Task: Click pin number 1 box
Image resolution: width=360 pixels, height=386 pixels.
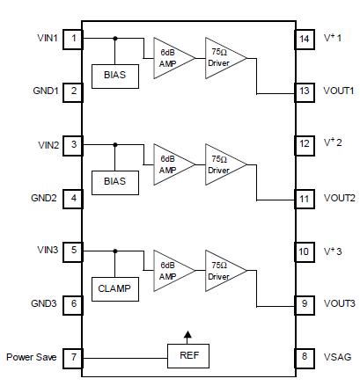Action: pyautogui.click(x=74, y=39)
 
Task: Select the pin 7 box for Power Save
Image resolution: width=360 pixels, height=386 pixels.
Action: pyautogui.click(x=74, y=357)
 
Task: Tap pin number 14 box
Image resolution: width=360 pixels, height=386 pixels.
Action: pyautogui.click(x=304, y=39)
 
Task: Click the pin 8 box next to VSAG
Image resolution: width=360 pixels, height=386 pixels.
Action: pyautogui.click(x=304, y=357)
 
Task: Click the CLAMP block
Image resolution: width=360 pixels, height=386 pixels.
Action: pyautogui.click(x=115, y=288)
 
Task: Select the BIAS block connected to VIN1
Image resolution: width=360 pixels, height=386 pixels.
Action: pyautogui.click(x=115, y=75)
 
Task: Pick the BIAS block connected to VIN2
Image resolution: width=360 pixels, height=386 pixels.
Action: pyautogui.click(x=115, y=181)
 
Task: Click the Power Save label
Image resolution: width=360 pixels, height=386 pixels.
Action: pyautogui.click(x=31, y=357)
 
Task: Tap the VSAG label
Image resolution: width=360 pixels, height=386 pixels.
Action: pyautogui.click(x=337, y=357)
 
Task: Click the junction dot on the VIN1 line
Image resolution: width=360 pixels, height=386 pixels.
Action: pyautogui.click(x=115, y=39)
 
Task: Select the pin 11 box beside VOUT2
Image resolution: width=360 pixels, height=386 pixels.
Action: pyautogui.click(x=304, y=199)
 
